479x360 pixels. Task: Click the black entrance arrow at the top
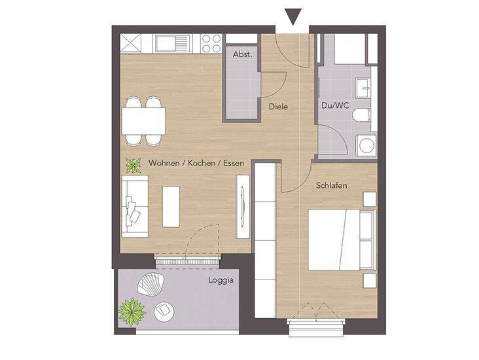[293, 16]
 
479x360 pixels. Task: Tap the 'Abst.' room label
[243, 54]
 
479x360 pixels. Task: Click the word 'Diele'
[278, 107]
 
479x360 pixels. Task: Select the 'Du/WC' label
[335, 105]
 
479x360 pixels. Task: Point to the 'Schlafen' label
[332, 185]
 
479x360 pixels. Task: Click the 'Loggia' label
[221, 280]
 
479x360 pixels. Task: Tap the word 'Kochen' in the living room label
[202, 163]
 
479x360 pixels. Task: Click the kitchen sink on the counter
[172, 43]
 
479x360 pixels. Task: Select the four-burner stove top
[211, 43]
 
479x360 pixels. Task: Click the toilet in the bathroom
[361, 115]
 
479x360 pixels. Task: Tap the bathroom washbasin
[364, 88]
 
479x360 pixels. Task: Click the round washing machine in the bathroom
[366, 145]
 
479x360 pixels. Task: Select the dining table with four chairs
[143, 121]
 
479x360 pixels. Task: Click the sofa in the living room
[135, 206]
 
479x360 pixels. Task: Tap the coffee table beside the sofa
[171, 207]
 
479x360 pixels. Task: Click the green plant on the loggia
[132, 312]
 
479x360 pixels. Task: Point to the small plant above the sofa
[133, 166]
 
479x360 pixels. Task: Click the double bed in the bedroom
[342, 240]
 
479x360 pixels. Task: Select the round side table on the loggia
[164, 312]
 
